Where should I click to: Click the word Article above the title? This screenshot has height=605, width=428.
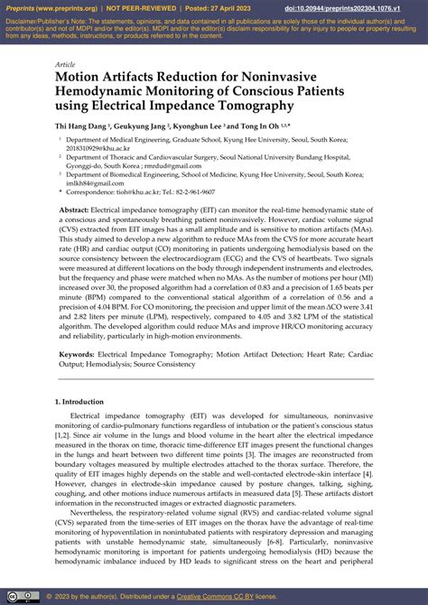(66, 65)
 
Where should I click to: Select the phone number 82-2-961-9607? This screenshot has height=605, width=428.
(193, 191)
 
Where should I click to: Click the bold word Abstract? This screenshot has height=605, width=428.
(74, 209)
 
